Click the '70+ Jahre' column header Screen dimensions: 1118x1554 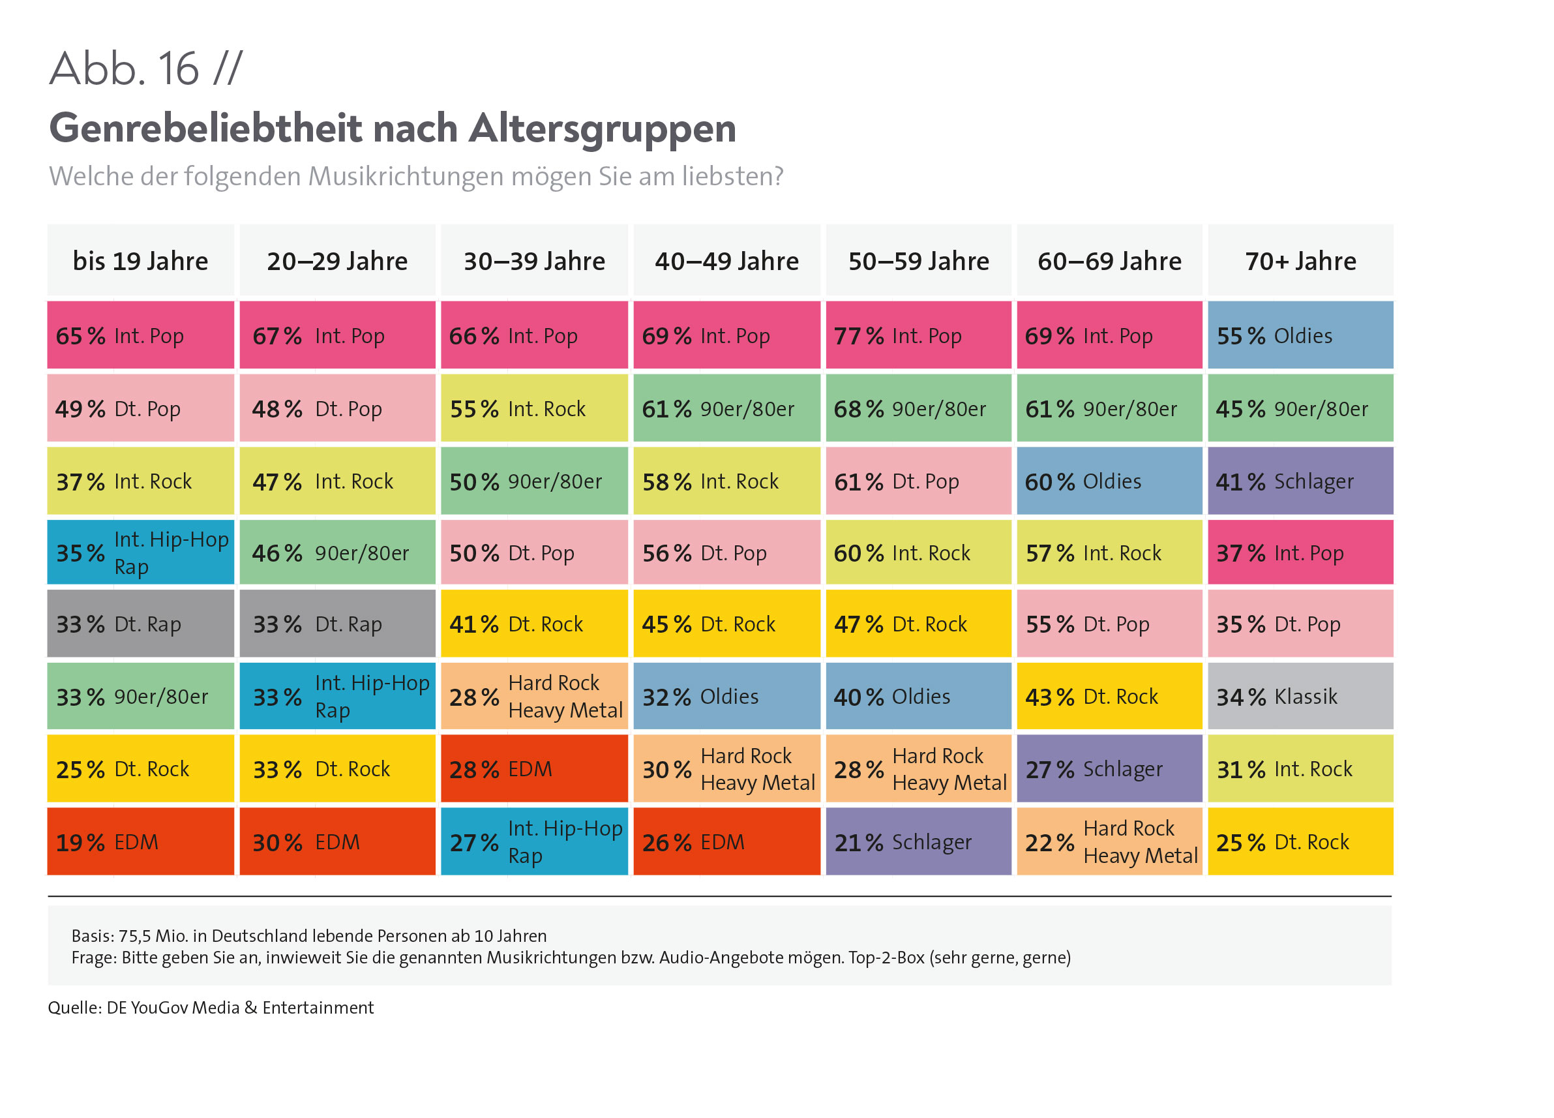1300,261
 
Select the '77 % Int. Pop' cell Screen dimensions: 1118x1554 918,336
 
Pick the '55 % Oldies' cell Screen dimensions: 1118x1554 1300,336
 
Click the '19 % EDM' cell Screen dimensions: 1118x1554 140,841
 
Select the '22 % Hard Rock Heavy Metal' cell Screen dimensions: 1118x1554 1109,841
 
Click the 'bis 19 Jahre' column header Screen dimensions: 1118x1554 140,261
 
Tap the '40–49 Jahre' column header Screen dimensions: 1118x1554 726,261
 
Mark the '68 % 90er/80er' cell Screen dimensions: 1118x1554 918,409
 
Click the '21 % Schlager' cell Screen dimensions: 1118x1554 918,841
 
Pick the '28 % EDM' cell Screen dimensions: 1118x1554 533,769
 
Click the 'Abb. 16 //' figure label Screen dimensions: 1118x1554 146,68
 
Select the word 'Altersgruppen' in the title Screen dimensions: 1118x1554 603,129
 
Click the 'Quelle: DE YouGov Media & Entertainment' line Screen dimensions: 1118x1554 211,1008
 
